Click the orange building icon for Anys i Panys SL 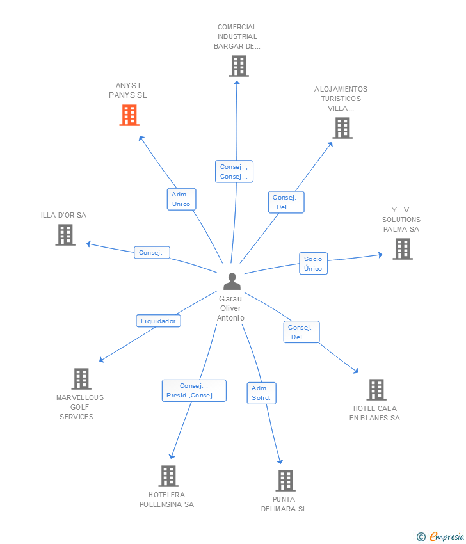tap(129, 115)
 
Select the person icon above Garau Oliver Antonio tap(232, 281)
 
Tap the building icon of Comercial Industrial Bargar tap(239, 66)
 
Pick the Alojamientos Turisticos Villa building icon tap(342, 128)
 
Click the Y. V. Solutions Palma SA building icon tap(402, 249)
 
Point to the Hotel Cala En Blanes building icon tap(376, 389)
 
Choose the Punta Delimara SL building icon tap(285, 480)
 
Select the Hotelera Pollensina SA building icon tap(168, 476)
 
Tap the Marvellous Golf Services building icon tap(81, 378)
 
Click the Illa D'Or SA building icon tap(65, 235)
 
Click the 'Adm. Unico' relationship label tap(181, 199)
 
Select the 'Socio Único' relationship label tap(313, 264)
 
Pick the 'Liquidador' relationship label tap(158, 321)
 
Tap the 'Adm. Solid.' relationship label tap(261, 393)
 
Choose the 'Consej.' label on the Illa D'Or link tap(152, 253)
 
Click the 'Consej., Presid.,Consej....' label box tap(194, 390)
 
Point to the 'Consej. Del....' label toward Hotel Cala tap(301, 332)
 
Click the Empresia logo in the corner tap(441, 536)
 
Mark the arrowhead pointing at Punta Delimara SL tap(280, 461)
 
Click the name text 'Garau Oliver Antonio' tap(230, 308)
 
